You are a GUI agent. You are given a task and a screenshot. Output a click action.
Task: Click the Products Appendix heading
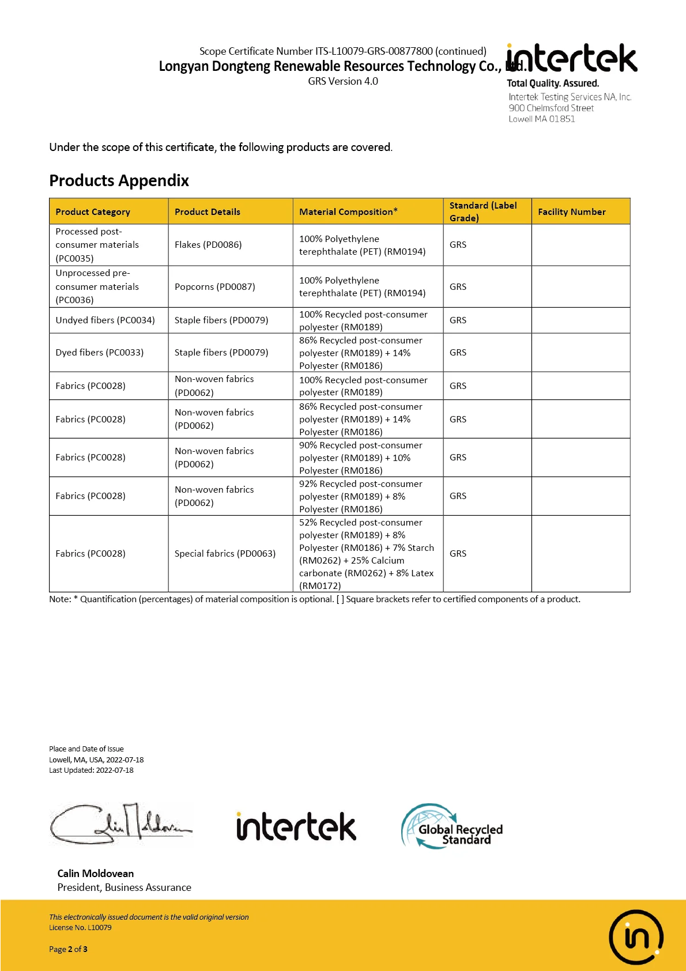click(x=119, y=180)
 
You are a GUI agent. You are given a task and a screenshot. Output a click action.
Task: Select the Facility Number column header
click(x=571, y=211)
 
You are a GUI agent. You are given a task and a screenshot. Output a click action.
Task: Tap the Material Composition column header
click(x=348, y=211)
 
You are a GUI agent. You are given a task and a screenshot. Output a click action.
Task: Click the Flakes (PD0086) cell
click(x=208, y=244)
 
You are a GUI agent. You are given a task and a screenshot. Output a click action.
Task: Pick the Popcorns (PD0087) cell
click(x=214, y=286)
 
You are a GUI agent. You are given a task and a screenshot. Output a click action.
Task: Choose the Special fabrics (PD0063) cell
click(x=225, y=553)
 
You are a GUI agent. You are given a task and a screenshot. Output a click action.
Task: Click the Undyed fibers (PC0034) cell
click(x=105, y=320)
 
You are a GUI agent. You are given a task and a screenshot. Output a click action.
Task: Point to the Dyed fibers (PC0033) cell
click(x=99, y=352)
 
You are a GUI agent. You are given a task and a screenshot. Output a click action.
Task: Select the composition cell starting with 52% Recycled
click(x=367, y=554)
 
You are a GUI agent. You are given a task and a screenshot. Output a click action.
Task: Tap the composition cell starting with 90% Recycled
click(x=360, y=458)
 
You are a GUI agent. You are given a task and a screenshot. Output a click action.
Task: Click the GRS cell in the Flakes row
click(x=458, y=244)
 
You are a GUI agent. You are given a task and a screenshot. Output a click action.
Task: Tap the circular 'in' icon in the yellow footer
click(x=636, y=936)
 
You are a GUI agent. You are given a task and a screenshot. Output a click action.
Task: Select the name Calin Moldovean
click(x=95, y=873)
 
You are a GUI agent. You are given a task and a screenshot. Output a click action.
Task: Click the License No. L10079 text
click(x=80, y=927)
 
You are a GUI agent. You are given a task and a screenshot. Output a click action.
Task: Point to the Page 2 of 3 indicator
click(x=68, y=949)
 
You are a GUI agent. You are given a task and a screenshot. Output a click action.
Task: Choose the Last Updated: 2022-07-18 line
click(x=91, y=770)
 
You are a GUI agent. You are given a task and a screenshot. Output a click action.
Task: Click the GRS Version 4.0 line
click(x=342, y=81)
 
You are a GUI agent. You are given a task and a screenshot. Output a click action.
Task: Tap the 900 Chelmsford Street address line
click(x=551, y=108)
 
